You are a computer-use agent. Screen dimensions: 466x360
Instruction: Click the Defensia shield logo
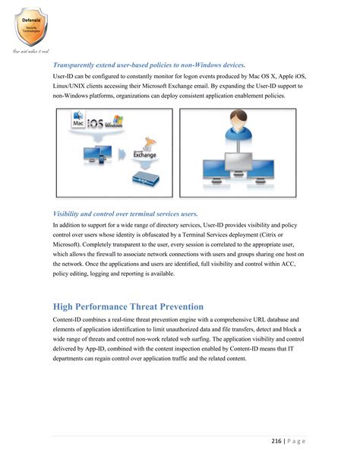[30, 23]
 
